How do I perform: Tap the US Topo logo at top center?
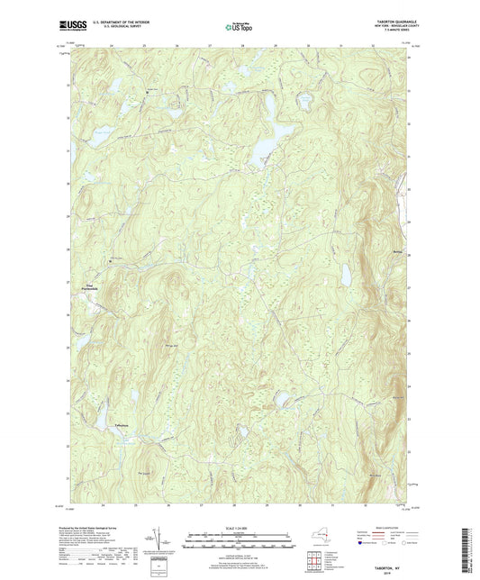tap(238, 27)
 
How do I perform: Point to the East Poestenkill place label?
tap(89, 287)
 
